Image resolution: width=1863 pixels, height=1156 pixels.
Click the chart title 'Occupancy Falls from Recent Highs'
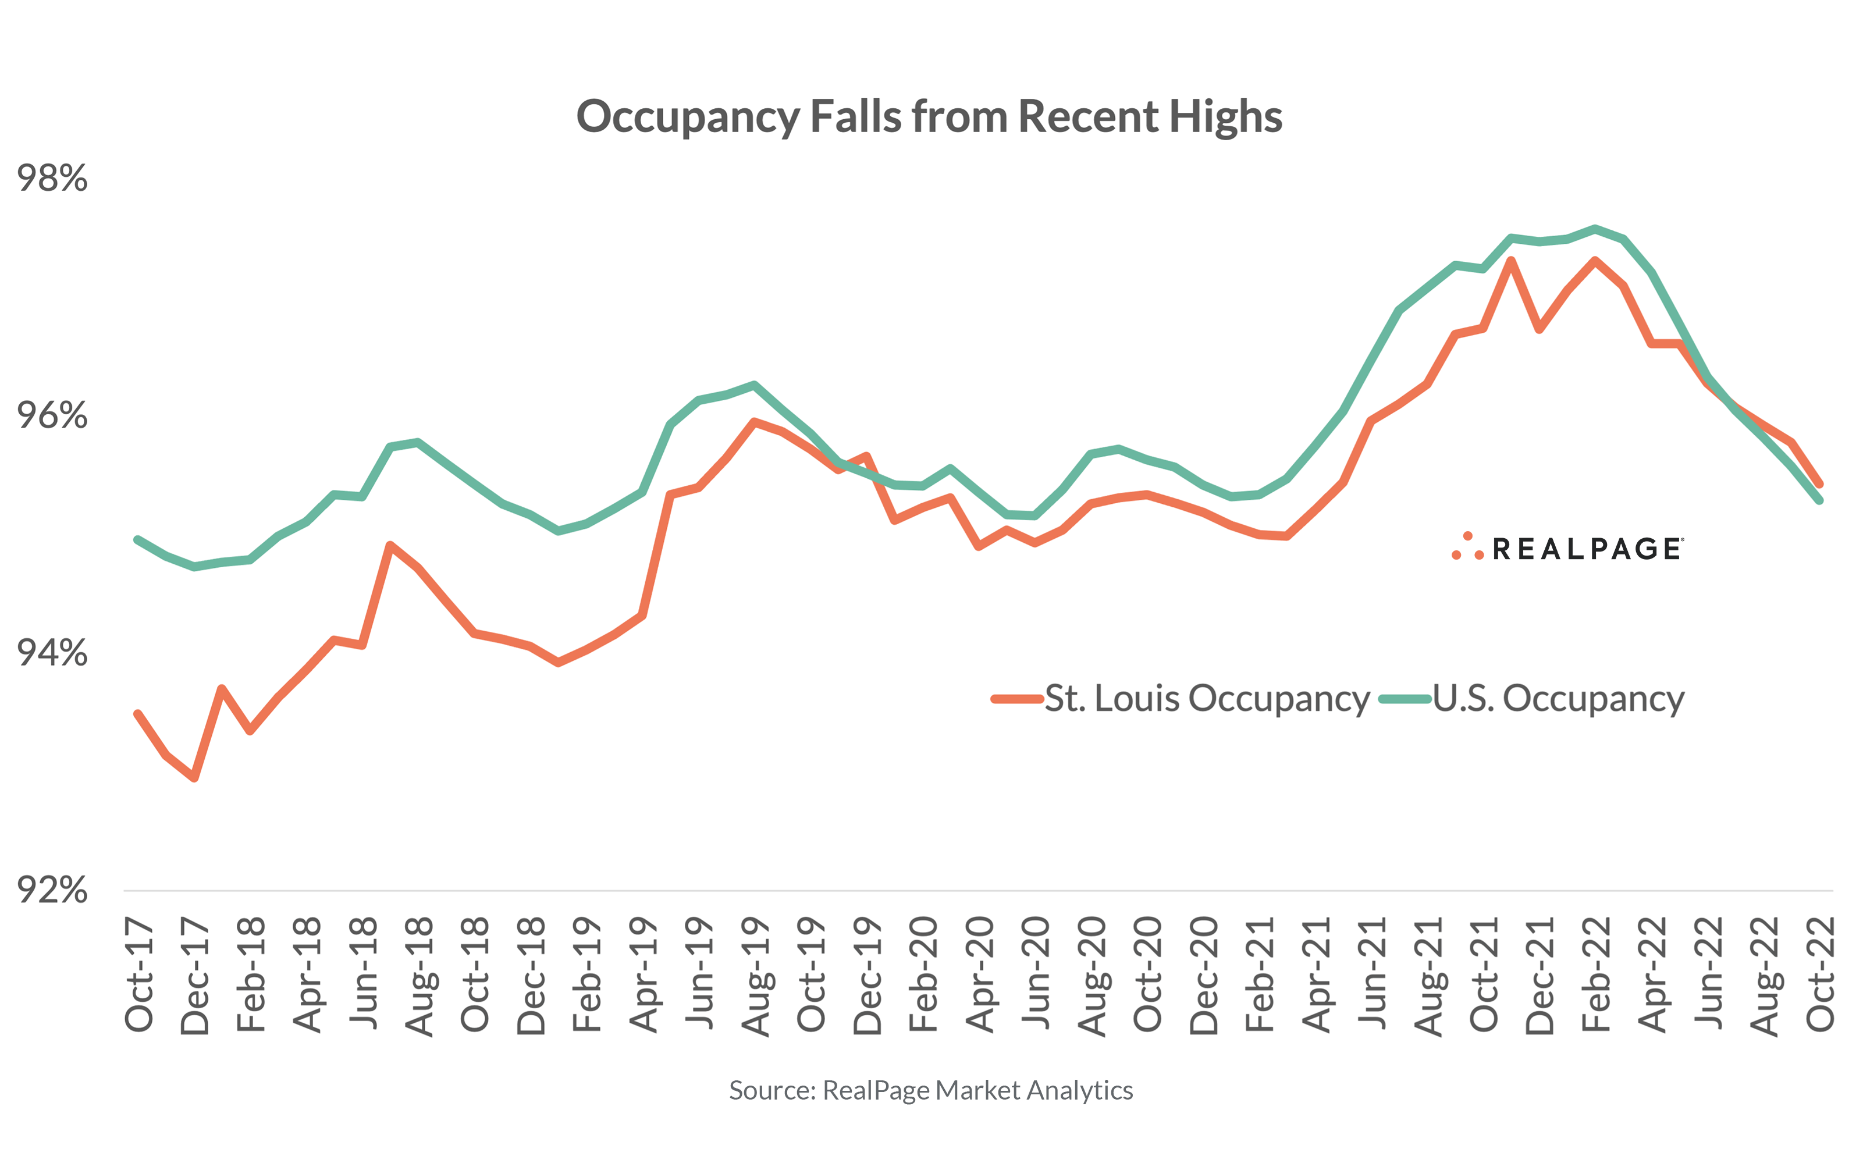point(929,116)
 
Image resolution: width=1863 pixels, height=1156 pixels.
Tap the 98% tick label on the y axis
point(52,178)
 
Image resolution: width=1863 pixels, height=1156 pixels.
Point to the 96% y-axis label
point(52,415)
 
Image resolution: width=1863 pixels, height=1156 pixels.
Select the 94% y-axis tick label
point(52,653)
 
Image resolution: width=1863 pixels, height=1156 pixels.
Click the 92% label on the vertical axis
point(52,890)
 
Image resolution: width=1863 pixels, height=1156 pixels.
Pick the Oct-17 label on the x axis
point(139,976)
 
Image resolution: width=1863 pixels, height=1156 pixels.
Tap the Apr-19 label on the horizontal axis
point(643,976)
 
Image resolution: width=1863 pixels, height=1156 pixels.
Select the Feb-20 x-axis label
point(923,975)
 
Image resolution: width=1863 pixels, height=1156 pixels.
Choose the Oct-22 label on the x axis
point(1820,975)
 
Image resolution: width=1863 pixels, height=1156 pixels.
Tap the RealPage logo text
point(1586,549)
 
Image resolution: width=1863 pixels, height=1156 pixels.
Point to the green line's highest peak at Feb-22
point(1595,228)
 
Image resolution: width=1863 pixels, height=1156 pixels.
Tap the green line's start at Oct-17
point(138,540)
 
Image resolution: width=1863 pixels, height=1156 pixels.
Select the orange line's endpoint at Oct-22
point(1819,484)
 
